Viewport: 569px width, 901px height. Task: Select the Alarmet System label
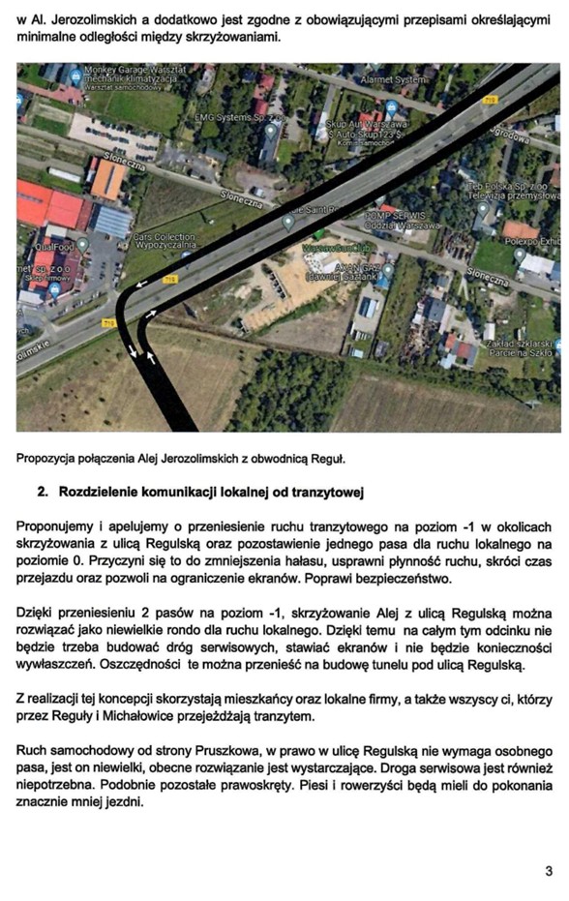(x=392, y=79)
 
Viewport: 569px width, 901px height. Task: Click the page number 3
(x=549, y=871)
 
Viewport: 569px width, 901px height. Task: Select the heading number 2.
(x=43, y=493)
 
